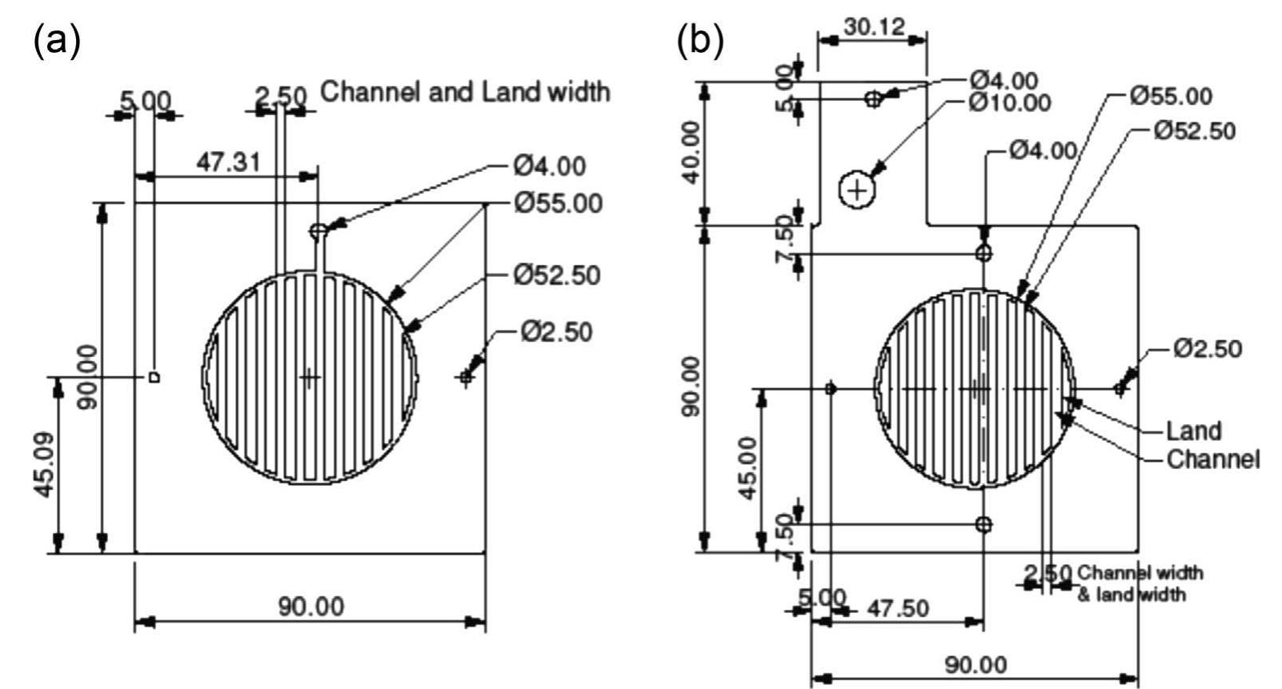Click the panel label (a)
click(57, 42)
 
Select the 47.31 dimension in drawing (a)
click(228, 162)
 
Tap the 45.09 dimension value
click(45, 464)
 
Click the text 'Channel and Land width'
click(465, 92)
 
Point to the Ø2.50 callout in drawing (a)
click(556, 330)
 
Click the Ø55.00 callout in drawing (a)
click(558, 203)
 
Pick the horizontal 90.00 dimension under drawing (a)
click(311, 606)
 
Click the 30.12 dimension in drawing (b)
click(873, 26)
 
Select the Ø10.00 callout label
click(1009, 102)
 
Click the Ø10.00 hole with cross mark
click(857, 190)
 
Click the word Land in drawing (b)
click(1193, 431)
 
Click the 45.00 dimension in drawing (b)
click(747, 468)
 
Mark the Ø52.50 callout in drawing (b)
click(1194, 130)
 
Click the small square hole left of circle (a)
click(155, 376)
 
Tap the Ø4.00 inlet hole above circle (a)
click(318, 231)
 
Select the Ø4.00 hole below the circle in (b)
click(984, 524)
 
